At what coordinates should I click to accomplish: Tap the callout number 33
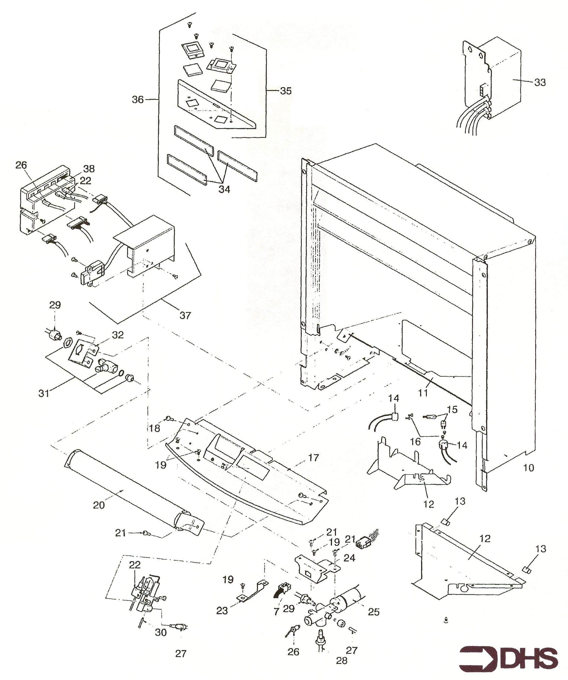[x=540, y=83]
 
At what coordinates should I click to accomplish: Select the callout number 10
[x=529, y=468]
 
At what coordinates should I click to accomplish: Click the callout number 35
[x=286, y=91]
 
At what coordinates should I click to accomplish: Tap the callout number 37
[x=185, y=315]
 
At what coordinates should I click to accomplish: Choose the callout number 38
[x=89, y=169]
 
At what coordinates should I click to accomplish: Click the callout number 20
[x=99, y=505]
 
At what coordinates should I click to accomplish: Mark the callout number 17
[x=314, y=458]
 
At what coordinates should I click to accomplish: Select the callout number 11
[x=423, y=393]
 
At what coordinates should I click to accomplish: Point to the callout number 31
[x=44, y=393]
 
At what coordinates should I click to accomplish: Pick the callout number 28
[x=342, y=661]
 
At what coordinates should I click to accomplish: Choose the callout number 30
[x=161, y=632]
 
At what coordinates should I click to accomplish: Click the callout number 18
[x=155, y=428]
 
